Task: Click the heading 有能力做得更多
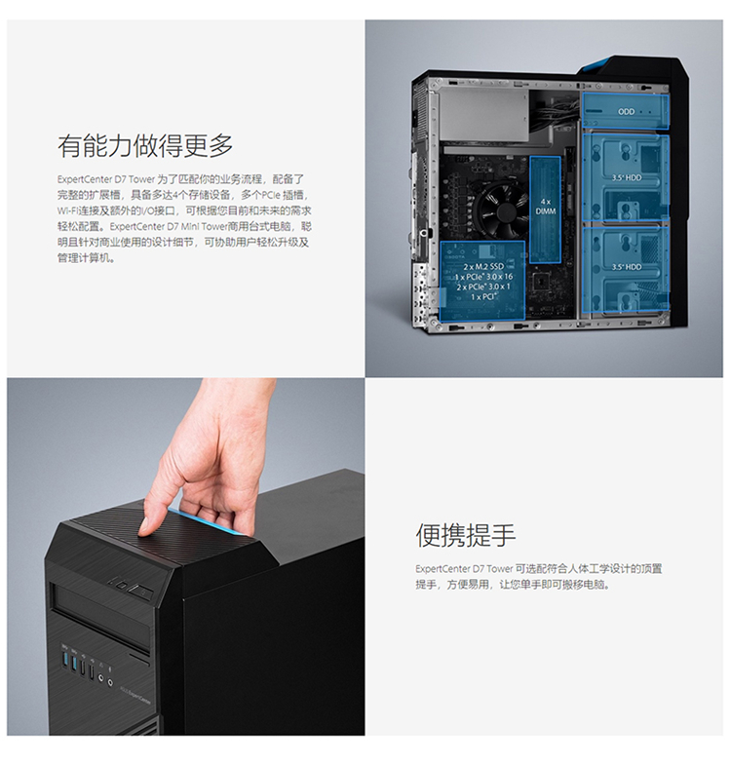pos(145,145)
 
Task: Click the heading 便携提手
pos(466,535)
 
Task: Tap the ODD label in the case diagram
pos(626,112)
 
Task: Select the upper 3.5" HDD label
pos(627,177)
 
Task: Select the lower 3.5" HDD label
pos(627,267)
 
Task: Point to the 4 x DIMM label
pos(546,207)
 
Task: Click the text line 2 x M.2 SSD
pos(483,266)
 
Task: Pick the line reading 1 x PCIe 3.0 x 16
pos(483,277)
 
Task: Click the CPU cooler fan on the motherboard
pos(501,210)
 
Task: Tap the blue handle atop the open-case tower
pos(599,62)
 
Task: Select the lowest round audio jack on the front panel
pos(110,683)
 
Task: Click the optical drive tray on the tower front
pos(101,613)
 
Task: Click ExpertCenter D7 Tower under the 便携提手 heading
pos(464,569)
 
